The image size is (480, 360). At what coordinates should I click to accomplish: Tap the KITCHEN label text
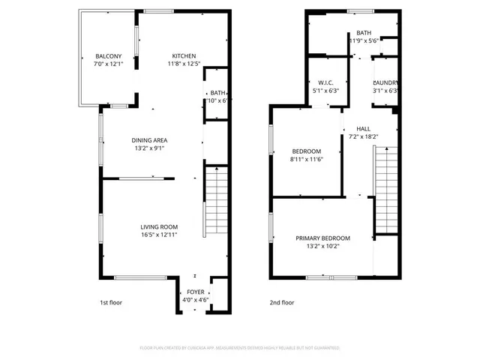click(184, 57)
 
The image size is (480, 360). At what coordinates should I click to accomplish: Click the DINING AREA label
click(150, 140)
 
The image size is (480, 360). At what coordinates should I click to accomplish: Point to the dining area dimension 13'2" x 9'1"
click(150, 148)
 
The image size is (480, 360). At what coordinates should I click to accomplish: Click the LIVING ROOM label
click(159, 227)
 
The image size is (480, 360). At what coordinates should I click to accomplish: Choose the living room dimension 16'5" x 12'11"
click(159, 235)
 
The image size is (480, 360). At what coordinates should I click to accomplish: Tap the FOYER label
click(195, 292)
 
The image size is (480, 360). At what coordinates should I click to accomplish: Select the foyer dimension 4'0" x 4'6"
click(195, 300)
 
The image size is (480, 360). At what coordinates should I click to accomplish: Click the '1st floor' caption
click(111, 303)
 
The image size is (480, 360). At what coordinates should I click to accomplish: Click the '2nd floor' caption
click(282, 303)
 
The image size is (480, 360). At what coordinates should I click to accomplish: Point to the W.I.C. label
click(325, 82)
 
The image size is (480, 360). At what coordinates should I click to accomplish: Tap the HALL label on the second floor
click(363, 128)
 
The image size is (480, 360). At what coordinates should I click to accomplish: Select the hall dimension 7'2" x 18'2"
click(363, 136)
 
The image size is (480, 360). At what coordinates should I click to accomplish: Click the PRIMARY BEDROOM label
click(322, 238)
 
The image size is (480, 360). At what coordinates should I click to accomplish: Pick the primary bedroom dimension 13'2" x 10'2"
click(322, 246)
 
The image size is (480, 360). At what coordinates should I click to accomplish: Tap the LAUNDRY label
click(385, 82)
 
